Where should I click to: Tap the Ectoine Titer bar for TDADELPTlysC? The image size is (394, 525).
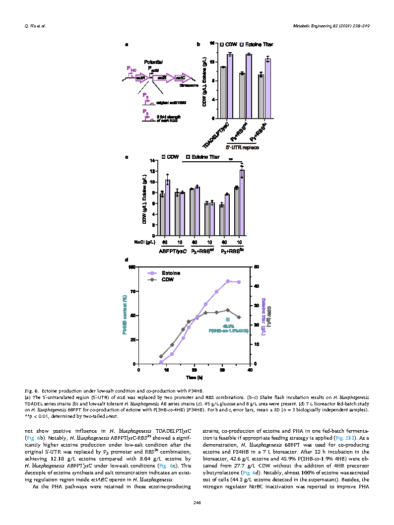pyautogui.click(x=230, y=86)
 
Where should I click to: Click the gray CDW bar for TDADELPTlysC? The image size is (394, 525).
pyautogui.click(x=223, y=92)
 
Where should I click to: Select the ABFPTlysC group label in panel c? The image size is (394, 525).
pyautogui.click(x=173, y=252)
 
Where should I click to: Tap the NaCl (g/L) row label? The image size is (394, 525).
pyautogui.click(x=145, y=242)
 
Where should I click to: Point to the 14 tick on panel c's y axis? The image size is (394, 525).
pyautogui.click(x=152, y=160)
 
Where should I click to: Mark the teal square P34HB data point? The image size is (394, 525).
pyautogui.click(x=228, y=320)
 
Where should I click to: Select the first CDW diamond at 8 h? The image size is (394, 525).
pyautogui.click(x=161, y=356)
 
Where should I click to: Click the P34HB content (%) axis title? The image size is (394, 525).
pyautogui.click(x=124, y=315)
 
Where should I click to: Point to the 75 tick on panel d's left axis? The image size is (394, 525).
pyautogui.click(x=132, y=291)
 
